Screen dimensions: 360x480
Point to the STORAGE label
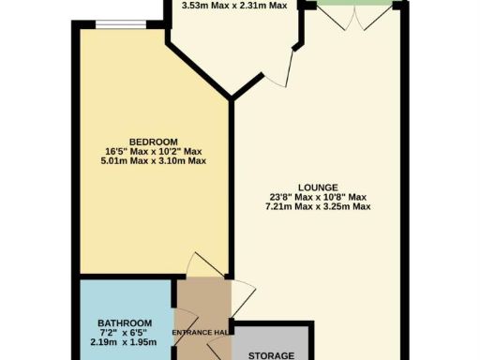(271, 355)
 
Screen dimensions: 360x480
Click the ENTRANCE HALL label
(201, 333)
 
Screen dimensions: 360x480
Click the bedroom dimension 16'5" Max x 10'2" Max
(154, 152)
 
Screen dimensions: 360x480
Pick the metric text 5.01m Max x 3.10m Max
(154, 162)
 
